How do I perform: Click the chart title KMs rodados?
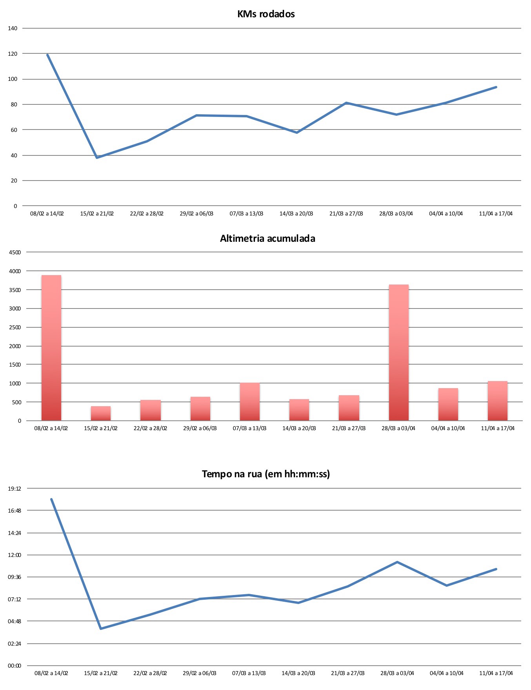point(266,14)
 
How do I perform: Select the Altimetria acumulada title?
point(267,239)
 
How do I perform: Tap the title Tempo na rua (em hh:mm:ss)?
point(266,474)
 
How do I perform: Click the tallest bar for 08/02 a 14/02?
point(51,348)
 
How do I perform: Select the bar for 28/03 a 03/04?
point(398,352)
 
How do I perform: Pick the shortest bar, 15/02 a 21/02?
point(101,413)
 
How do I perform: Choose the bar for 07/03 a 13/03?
point(249,402)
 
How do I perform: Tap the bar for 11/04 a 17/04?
point(497,401)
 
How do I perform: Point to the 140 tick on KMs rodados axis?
point(13,28)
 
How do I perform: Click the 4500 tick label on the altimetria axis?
point(15,252)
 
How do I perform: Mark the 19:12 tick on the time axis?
point(15,489)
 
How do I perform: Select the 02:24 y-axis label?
point(15,644)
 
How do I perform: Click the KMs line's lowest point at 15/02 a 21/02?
point(97,157)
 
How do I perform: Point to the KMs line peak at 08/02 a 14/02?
point(47,55)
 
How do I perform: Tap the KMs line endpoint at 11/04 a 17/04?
point(496,87)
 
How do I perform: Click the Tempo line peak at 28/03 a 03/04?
point(397,562)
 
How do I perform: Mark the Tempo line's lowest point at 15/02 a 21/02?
point(101,629)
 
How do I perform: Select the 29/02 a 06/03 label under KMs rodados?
point(196,214)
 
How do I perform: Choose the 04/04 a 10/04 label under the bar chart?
point(448,428)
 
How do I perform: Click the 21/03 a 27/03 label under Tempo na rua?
point(347,673)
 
